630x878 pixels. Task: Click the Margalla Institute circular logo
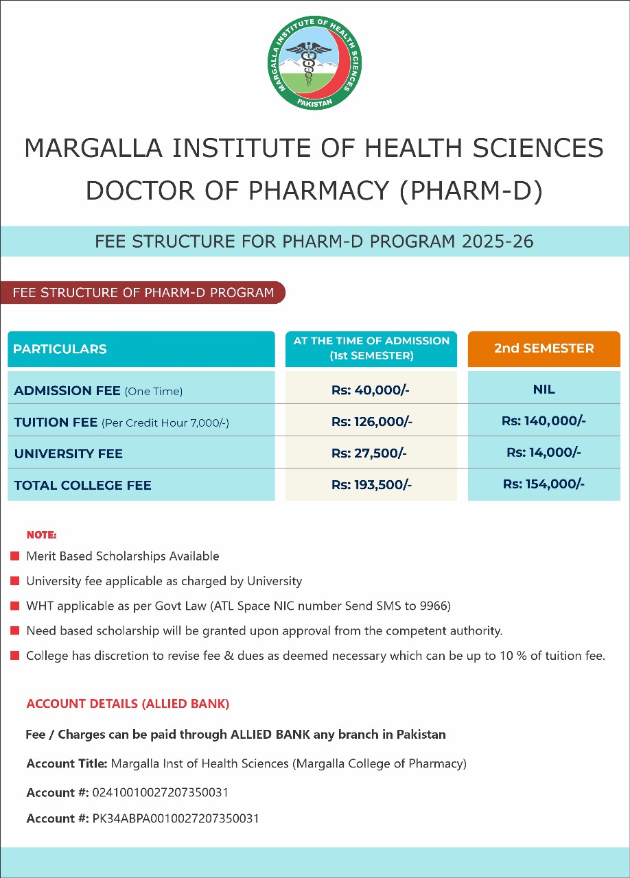[x=314, y=63]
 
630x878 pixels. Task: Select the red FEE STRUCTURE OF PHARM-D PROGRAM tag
[x=143, y=293]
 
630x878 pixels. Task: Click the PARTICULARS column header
[x=60, y=349]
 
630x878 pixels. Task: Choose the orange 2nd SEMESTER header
[x=544, y=348]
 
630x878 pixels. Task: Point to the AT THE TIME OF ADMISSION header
[x=371, y=348]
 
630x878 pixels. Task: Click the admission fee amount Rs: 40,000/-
[x=371, y=390]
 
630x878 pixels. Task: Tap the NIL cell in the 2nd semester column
[x=544, y=390]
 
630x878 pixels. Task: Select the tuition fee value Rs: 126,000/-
[x=371, y=422]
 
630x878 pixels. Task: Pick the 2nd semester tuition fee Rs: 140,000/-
[x=544, y=421]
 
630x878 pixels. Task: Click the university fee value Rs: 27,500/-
[x=371, y=453]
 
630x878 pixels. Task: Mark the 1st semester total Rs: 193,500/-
[x=371, y=485]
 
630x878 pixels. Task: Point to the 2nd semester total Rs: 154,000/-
[x=544, y=484]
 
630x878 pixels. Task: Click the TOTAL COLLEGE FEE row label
[x=82, y=486]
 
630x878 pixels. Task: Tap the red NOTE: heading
[x=41, y=534]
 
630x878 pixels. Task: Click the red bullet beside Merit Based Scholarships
[x=15, y=556]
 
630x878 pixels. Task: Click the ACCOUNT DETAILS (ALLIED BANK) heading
[x=128, y=704]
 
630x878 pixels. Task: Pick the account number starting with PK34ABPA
[x=176, y=819]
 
